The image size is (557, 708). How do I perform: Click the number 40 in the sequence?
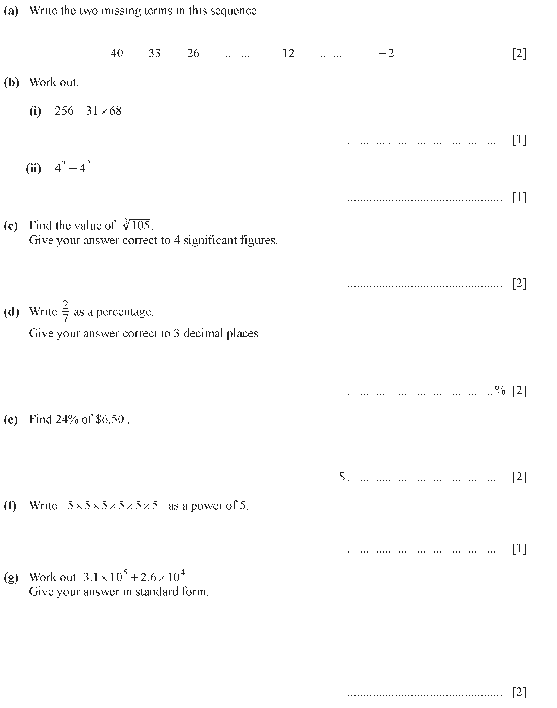(117, 53)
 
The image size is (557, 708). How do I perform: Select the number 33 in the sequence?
(155, 53)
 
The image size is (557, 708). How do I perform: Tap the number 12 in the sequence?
(288, 53)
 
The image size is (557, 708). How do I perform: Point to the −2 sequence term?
(386, 53)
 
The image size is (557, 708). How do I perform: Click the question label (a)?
(11, 11)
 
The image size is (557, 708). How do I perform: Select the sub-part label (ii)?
(34, 168)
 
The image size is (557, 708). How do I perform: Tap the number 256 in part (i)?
(64, 111)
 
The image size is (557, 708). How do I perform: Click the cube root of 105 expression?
(137, 225)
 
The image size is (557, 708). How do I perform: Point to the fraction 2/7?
(65, 311)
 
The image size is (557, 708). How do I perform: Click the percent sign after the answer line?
(500, 390)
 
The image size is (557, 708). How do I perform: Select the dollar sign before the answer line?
(342, 476)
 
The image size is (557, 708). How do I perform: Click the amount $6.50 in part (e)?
(110, 419)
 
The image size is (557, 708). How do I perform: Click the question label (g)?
(11, 577)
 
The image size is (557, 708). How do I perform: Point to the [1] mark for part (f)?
(519, 549)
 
